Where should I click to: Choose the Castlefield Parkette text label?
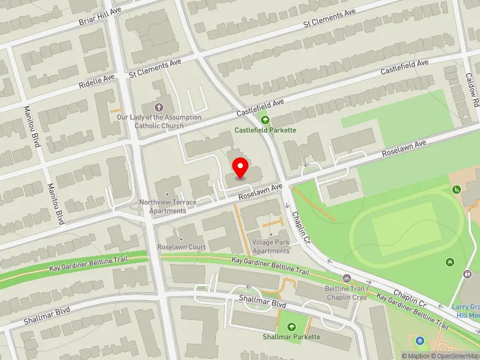tap(265, 130)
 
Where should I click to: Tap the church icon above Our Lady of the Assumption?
tap(158, 107)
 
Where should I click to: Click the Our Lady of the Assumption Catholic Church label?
tap(159, 122)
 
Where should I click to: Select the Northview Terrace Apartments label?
tap(167, 206)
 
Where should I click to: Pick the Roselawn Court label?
tap(181, 247)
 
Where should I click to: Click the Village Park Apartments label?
tap(271, 247)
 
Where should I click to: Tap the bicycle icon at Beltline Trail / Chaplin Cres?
tap(346, 278)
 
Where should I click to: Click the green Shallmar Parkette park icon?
tap(292, 327)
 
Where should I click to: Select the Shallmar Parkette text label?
tap(292, 337)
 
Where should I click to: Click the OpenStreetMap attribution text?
tap(457, 356)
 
